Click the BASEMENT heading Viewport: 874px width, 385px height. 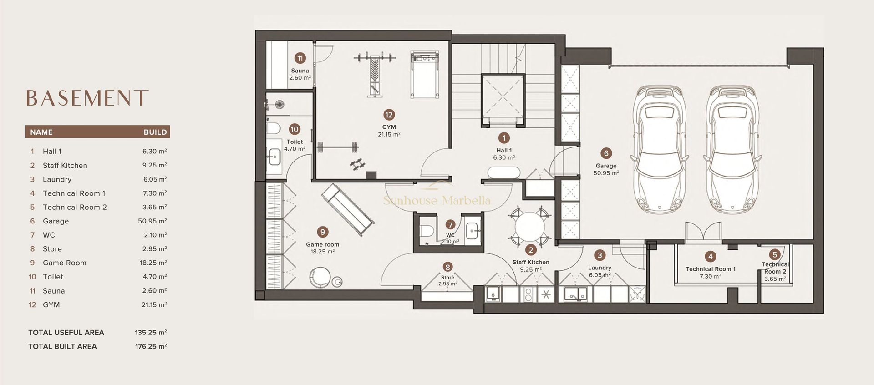click(87, 98)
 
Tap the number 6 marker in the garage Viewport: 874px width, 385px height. click(605, 153)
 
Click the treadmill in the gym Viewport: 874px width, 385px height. click(426, 74)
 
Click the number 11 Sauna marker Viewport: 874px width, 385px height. click(300, 58)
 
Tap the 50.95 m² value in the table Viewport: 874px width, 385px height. click(155, 221)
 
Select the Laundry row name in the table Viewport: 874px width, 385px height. click(57, 179)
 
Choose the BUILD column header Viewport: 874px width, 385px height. click(155, 132)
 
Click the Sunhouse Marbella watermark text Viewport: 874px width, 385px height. click(437, 200)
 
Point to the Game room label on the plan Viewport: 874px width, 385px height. click(322, 244)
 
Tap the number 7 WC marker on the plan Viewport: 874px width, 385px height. click(450, 224)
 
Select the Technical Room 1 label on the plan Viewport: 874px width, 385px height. click(710, 269)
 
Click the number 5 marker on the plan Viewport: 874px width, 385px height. click(775, 255)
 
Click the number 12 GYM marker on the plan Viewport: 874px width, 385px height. click(389, 115)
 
